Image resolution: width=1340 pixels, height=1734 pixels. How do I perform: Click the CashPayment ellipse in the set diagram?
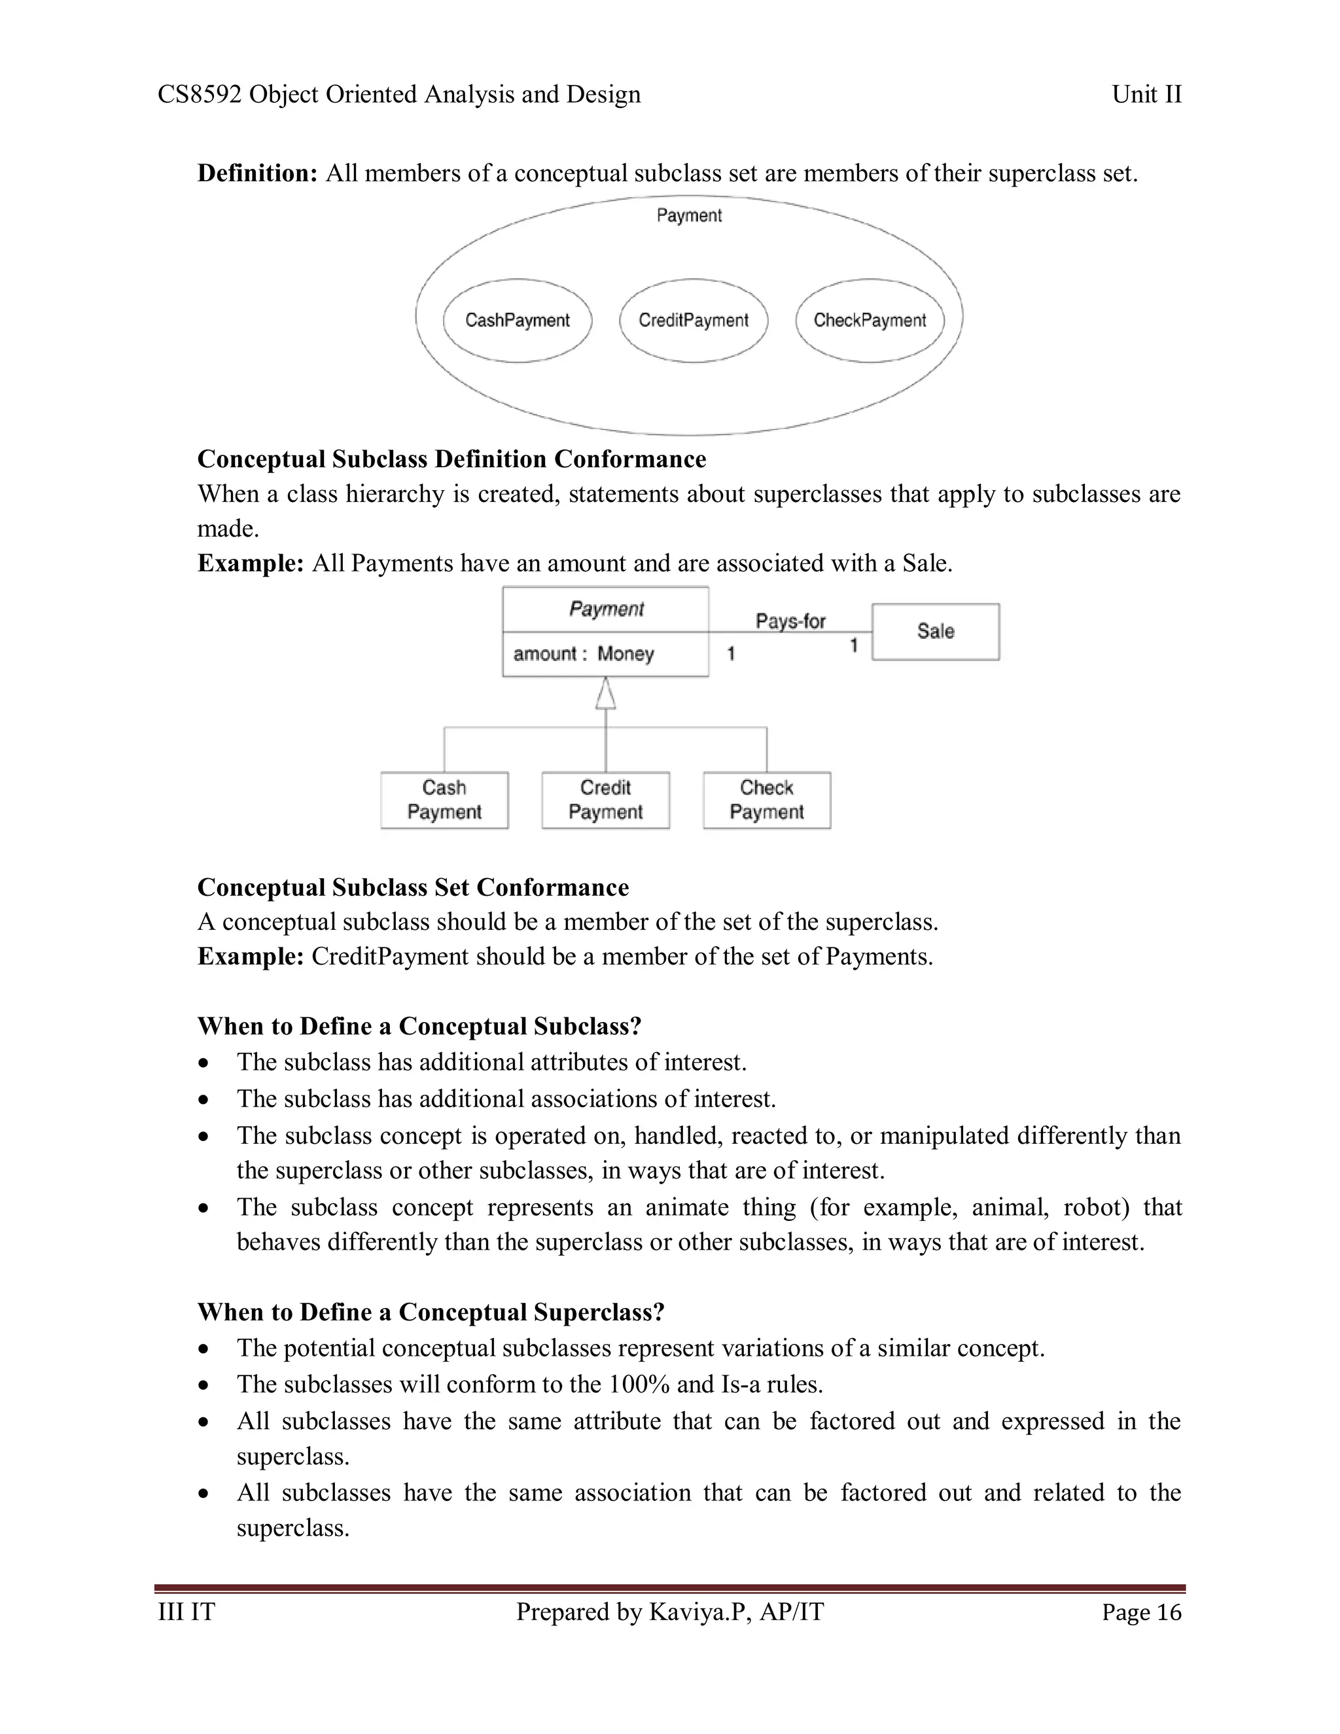click(517, 320)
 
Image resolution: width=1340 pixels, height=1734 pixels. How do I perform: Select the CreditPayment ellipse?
click(693, 320)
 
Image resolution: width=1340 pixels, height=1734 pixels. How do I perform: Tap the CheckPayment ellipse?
click(870, 320)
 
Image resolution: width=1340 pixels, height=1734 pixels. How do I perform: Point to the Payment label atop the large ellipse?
click(689, 215)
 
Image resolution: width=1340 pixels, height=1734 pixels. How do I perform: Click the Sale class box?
click(935, 631)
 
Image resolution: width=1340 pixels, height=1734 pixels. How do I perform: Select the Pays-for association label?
click(790, 621)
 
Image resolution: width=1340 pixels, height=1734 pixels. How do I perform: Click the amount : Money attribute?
click(584, 654)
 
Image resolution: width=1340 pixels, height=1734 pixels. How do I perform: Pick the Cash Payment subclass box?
click(444, 800)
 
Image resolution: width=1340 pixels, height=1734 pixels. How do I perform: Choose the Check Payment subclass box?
click(766, 800)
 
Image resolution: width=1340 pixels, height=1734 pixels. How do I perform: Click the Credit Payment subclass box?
click(605, 800)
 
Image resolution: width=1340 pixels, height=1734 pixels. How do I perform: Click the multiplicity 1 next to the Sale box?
click(854, 645)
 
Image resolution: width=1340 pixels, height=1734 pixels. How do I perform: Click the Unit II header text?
click(1146, 94)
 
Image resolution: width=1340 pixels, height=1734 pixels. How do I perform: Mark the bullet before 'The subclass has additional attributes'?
click(205, 1063)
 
